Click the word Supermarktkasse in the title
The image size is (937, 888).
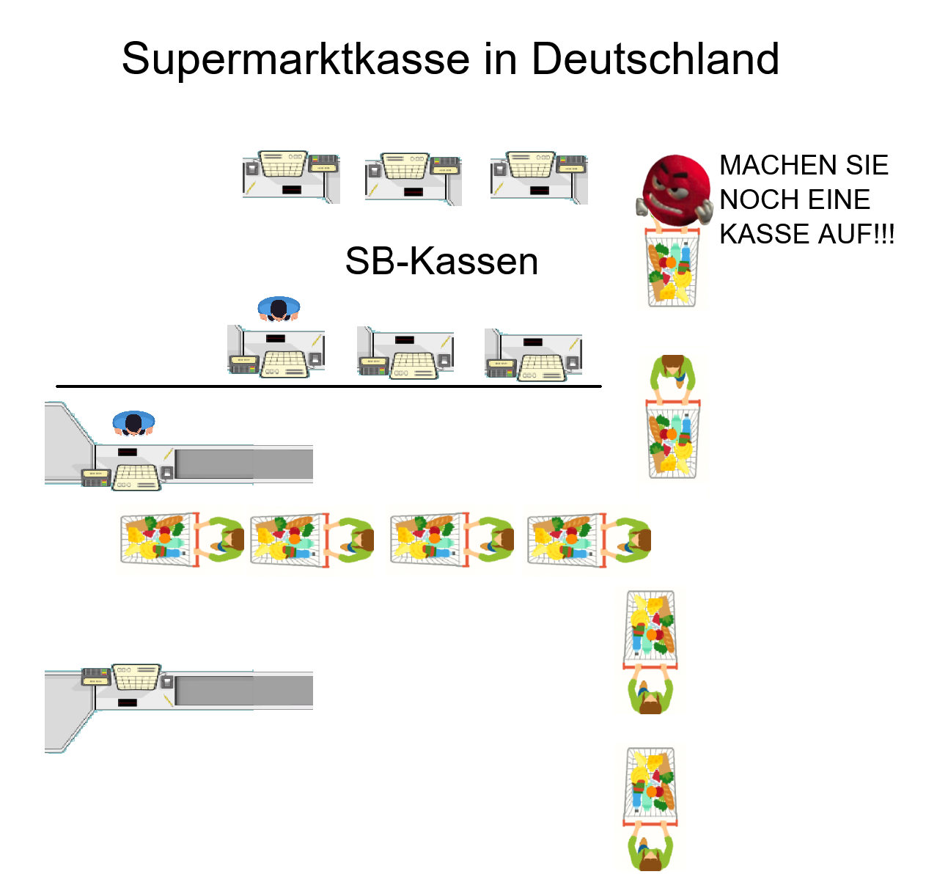(295, 59)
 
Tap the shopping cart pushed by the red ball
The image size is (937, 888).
(671, 267)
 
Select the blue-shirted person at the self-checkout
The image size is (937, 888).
(279, 308)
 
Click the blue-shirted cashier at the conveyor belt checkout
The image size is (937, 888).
(133, 422)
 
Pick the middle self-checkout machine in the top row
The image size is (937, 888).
(413, 178)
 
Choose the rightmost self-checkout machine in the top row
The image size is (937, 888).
(539, 177)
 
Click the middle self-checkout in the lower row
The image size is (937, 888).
(405, 352)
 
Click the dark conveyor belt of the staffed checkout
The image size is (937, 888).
(243, 463)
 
